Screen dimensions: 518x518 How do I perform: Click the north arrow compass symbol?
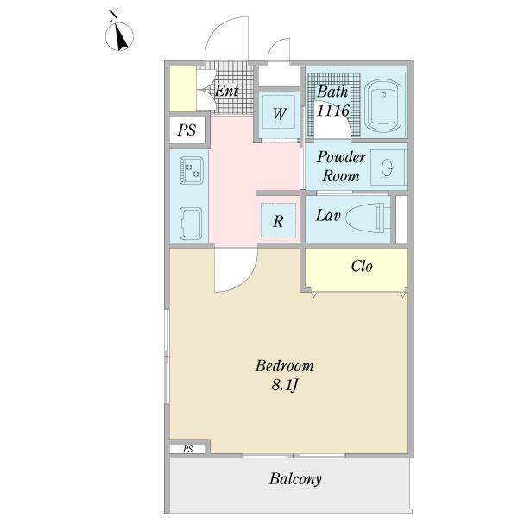tap(119, 36)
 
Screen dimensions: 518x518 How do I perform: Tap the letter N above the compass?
tap(114, 16)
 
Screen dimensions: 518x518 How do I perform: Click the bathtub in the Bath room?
tap(383, 104)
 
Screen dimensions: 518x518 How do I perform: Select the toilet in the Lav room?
tap(368, 217)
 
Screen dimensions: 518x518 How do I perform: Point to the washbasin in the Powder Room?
tap(388, 167)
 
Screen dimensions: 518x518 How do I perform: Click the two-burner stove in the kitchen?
tap(192, 170)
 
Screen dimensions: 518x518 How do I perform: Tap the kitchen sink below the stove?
tap(191, 224)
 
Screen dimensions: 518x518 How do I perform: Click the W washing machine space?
tap(279, 114)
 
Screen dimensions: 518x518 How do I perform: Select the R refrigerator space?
tap(278, 220)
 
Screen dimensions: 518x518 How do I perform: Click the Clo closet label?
tap(362, 266)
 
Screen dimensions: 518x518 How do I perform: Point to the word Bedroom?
tap(284, 366)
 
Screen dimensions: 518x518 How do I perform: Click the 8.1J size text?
tap(285, 385)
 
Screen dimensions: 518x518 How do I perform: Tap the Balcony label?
tap(295, 479)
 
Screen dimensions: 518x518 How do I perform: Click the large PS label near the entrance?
tap(186, 129)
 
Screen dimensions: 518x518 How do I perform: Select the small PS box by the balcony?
tap(187, 449)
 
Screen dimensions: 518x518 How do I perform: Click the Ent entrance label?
tap(226, 91)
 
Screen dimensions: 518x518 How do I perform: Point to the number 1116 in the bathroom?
tap(332, 111)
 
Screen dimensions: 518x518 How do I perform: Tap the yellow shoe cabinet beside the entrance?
tap(183, 89)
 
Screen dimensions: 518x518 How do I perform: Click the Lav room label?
tap(328, 216)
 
